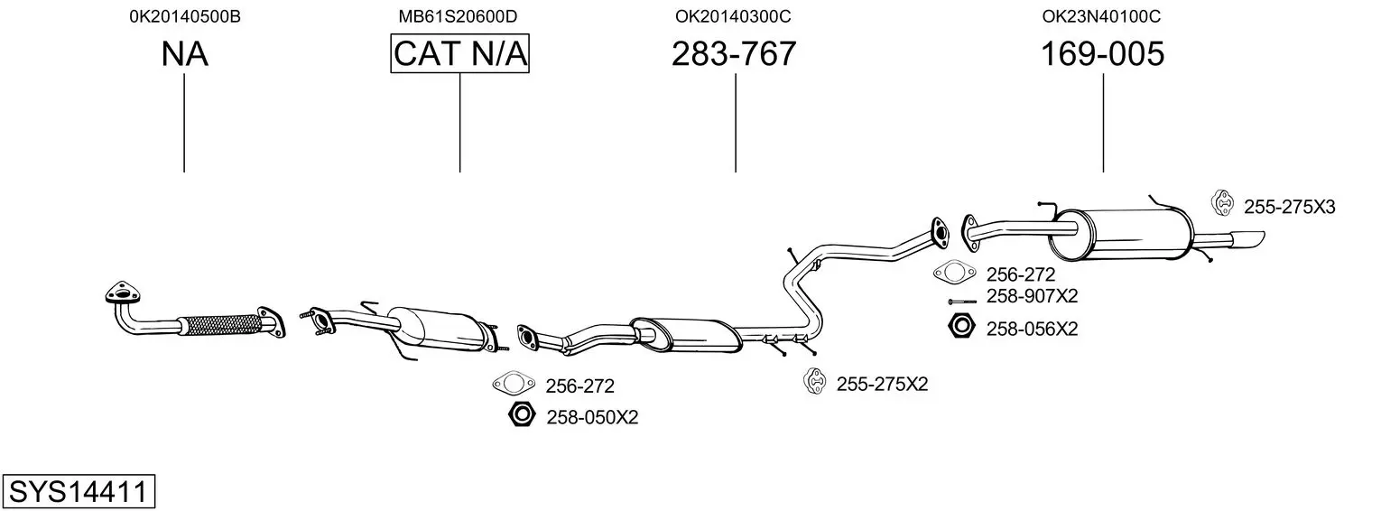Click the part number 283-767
point(734,53)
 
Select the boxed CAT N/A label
point(460,53)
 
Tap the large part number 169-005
point(1102,53)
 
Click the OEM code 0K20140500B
point(185,16)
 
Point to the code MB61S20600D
point(458,16)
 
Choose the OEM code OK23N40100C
point(1101,16)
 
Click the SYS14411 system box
point(79,491)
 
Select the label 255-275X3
point(1289,207)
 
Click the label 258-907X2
point(1032,296)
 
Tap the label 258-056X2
point(1032,330)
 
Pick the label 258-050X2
point(592,417)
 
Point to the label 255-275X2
point(882,384)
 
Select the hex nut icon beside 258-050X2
point(522,413)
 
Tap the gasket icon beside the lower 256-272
point(514,384)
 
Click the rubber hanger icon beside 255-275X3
point(1221,203)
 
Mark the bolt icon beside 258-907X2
point(962,302)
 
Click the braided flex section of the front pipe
point(219,325)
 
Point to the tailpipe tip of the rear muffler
point(1247,240)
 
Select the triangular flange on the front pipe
point(122,293)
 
